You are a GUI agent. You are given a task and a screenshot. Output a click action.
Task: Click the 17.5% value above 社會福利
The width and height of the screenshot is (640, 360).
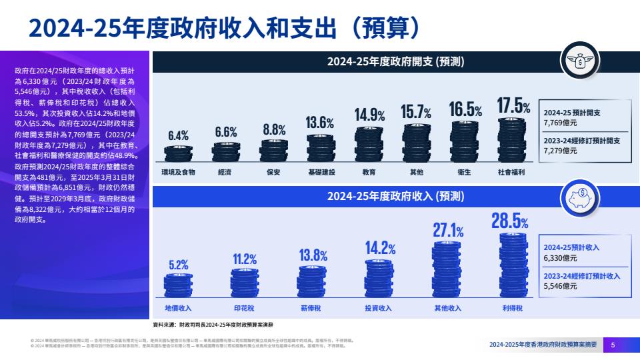(x=514, y=107)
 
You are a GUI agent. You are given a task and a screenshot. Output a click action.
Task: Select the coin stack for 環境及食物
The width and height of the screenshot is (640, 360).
(x=179, y=154)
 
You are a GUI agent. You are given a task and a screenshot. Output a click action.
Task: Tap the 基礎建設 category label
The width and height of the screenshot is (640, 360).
(x=321, y=172)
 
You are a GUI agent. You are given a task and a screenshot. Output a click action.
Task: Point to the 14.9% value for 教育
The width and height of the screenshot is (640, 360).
(x=369, y=115)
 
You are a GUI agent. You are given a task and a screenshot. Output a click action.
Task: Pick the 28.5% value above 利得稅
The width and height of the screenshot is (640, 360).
(x=510, y=221)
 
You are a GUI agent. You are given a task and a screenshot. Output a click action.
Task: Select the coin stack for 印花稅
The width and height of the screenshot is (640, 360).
(x=245, y=283)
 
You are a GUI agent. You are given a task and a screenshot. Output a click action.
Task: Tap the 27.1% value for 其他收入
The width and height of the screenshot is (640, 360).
(x=448, y=231)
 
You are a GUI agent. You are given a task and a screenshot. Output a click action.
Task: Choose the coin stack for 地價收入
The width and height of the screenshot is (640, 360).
(x=179, y=286)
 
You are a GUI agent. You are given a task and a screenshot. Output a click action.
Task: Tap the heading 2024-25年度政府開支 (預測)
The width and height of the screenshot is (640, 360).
(x=395, y=62)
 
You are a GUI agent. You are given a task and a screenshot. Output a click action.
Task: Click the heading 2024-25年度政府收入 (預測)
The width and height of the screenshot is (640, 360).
(x=395, y=197)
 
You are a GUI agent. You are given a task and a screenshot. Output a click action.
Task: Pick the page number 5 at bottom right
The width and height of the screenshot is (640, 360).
(x=613, y=345)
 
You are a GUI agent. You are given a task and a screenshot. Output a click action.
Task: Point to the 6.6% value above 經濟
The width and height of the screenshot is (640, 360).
(x=227, y=132)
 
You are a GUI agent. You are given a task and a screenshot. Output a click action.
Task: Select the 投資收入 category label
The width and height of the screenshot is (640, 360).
(x=378, y=309)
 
